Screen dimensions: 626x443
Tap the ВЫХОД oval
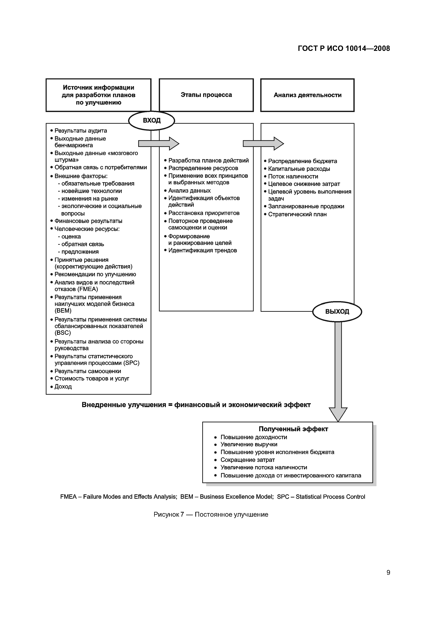point(337,311)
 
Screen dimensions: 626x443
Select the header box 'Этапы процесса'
point(206,95)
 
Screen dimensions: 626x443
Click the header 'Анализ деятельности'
point(307,95)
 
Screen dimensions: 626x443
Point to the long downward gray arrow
point(338,371)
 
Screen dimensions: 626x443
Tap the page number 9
point(388,572)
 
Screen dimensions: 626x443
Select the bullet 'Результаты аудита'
point(81,131)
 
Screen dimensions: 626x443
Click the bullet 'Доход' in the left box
point(63,386)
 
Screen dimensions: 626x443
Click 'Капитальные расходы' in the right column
point(299,169)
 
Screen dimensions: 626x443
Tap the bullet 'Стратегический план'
point(297,214)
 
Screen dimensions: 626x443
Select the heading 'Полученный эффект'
point(293,429)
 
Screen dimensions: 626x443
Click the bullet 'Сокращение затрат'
point(247,460)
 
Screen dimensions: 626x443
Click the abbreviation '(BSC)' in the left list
point(63,333)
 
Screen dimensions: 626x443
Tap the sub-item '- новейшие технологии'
point(91,191)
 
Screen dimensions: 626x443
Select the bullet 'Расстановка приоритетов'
point(204,213)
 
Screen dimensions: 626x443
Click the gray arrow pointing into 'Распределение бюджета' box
point(263,143)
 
